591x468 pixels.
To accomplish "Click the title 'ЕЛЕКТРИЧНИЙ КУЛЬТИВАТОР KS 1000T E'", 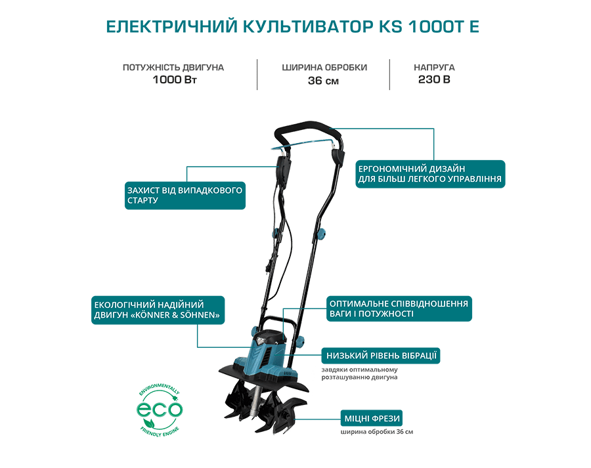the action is pos(292,27).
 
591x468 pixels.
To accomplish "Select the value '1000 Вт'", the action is pos(175,80).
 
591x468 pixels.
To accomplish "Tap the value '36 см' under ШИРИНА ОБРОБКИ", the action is pos(323,81).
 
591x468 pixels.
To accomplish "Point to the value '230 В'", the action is pos(434,79).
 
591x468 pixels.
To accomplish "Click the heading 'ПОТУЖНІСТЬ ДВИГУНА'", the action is pos(173,68).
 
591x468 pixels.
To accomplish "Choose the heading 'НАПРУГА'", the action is pos(434,68).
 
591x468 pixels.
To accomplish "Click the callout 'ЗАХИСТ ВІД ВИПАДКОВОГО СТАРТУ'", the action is pos(185,196).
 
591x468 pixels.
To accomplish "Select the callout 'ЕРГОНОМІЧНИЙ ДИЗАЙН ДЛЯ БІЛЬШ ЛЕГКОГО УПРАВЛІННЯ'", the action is pos(430,174).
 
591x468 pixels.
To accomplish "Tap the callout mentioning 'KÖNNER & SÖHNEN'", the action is pos(158,310).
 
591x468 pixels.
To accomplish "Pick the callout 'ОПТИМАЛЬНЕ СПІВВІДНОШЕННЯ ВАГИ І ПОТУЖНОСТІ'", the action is pos(399,308).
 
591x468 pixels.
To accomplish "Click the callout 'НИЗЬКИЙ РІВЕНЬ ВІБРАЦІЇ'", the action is pos(381,356).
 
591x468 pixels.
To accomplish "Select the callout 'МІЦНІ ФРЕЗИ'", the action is pos(372,419).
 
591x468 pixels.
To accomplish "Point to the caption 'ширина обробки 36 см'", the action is pos(377,432).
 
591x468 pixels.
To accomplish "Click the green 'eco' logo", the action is pos(160,410).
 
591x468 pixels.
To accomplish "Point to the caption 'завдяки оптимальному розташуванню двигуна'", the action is pos(360,373).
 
